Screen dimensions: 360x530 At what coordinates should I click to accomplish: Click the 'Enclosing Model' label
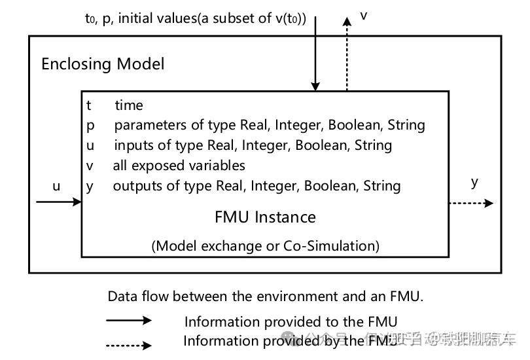click(x=103, y=64)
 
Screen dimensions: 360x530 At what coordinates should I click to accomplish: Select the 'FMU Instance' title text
click(x=265, y=217)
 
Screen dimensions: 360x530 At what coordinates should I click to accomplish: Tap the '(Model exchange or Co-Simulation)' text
click(x=265, y=246)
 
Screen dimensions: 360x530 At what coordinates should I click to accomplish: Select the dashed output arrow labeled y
click(x=471, y=204)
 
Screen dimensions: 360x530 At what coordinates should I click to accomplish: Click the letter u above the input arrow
click(x=56, y=187)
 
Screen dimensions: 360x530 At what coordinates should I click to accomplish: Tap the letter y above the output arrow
click(x=474, y=182)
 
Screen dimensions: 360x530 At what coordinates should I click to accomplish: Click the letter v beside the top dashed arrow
click(x=364, y=15)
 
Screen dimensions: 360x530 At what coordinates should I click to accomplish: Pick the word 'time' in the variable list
click(x=129, y=105)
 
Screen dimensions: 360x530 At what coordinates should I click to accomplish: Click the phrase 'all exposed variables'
click(x=179, y=166)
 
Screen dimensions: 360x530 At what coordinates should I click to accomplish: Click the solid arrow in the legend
click(x=128, y=321)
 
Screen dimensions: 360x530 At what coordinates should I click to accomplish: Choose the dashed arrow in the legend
click(x=128, y=344)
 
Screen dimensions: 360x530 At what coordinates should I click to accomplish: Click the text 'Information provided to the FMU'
click(x=291, y=321)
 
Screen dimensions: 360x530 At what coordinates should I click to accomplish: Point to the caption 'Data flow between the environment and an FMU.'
click(x=265, y=296)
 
